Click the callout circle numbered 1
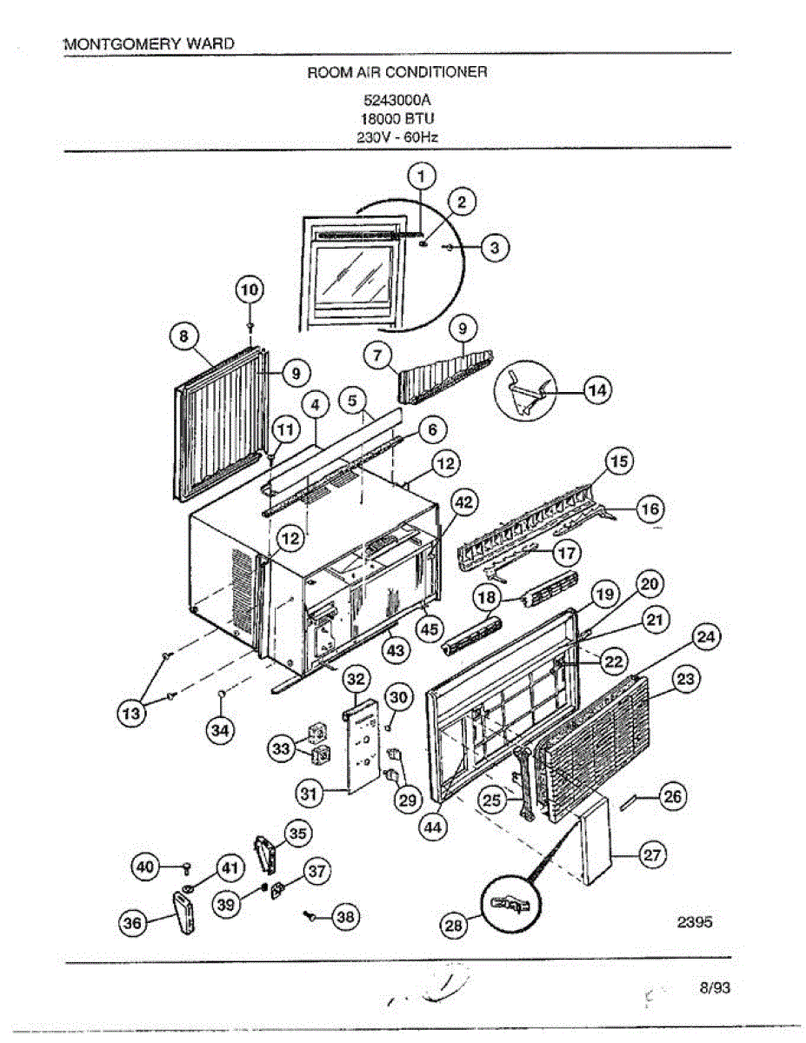pyautogui.click(x=422, y=177)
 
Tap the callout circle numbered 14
pyautogui.click(x=597, y=390)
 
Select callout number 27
pyautogui.click(x=651, y=854)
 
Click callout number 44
pyautogui.click(x=433, y=828)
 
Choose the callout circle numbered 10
pyautogui.click(x=250, y=289)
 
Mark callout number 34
pyautogui.click(x=221, y=731)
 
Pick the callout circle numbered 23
pyautogui.click(x=686, y=680)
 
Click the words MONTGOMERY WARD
pyautogui.click(x=149, y=43)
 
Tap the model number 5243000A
pyautogui.click(x=397, y=100)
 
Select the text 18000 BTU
pyautogui.click(x=397, y=118)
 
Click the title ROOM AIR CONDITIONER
pyautogui.click(x=397, y=71)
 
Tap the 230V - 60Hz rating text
pyautogui.click(x=397, y=137)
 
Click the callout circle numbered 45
pyautogui.click(x=429, y=629)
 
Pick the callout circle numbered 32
pyautogui.click(x=357, y=678)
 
